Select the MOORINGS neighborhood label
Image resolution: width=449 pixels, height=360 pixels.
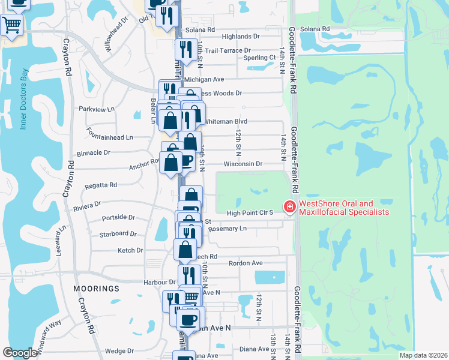click(x=97, y=289)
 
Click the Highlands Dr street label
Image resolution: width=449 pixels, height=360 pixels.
click(x=240, y=37)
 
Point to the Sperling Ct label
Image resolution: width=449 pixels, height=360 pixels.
click(x=259, y=58)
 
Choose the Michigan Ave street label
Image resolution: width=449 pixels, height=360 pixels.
click(x=204, y=79)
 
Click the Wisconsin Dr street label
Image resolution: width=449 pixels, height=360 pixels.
click(x=243, y=164)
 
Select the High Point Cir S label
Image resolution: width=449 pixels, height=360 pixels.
click(x=250, y=213)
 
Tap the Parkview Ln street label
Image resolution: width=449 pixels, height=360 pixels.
click(x=96, y=109)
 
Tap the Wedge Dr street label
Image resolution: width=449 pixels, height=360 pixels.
click(x=119, y=351)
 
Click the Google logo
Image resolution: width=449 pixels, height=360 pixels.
click(x=20, y=353)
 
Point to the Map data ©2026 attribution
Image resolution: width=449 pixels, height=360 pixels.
click(x=423, y=355)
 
